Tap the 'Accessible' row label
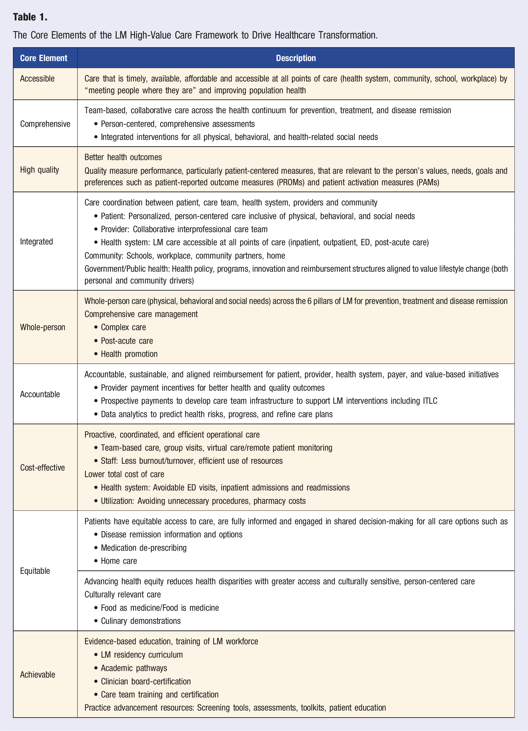tap(37, 79)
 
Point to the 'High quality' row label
tap(40, 170)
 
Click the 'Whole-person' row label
tap(42, 327)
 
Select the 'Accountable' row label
tap(40, 394)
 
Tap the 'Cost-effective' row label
tap(42, 468)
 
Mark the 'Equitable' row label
tap(35, 571)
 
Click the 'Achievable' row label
tap(37, 675)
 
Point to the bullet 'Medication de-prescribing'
tap(144, 548)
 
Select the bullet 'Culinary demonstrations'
tap(141, 621)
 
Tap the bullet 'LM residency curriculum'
tap(142, 655)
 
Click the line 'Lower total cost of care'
tap(124, 474)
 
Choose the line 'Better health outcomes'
tap(123, 157)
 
